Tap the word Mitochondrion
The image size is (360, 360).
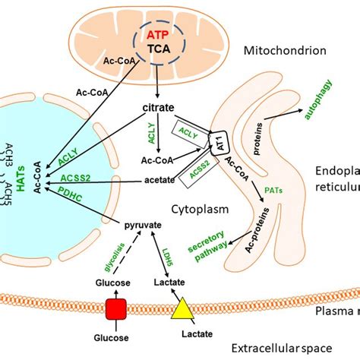pyautogui.click(x=287, y=52)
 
